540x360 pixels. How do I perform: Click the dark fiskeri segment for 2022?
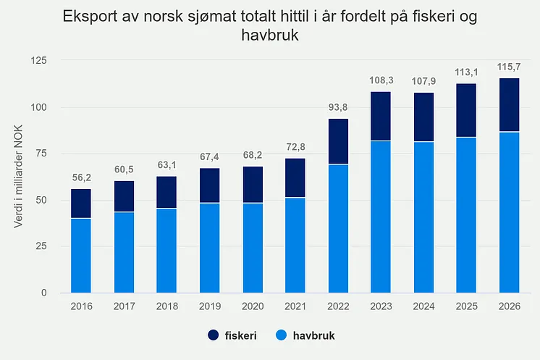pos(338,141)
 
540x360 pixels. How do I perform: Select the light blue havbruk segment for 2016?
pos(81,256)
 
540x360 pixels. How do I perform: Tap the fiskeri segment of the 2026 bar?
pos(510,105)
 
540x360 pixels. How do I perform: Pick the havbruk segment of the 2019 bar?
pos(209,248)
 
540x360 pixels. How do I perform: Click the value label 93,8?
pos(338,107)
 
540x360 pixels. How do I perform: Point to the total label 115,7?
pos(509,67)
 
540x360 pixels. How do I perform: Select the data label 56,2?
pos(82,177)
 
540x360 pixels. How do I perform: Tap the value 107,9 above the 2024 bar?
pos(423,81)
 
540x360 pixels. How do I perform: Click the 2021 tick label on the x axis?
pos(295,306)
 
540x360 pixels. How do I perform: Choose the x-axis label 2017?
pos(124,306)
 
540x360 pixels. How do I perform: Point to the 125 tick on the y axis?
pos(38,61)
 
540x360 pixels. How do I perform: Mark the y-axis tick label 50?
pos(41,200)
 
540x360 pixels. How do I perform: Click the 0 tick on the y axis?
pos(43,293)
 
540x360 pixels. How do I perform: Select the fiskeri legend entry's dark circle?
pos(213,335)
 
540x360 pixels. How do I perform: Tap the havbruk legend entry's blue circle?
pos(282,335)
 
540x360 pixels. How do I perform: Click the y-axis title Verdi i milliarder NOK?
pos(18,177)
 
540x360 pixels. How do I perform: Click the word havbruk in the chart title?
pos(270,35)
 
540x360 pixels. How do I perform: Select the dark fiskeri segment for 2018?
pos(166,192)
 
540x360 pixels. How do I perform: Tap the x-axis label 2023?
pos(381,306)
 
